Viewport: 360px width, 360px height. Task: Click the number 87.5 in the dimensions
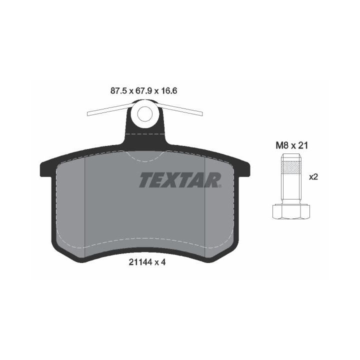coord(118,91)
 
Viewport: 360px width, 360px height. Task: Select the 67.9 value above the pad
coord(144,91)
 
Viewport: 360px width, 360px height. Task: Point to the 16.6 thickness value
coord(169,91)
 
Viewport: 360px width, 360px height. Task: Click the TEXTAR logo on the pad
coord(180,180)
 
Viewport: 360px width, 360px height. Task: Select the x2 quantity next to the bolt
coord(313,177)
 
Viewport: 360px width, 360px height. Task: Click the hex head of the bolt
coord(290,211)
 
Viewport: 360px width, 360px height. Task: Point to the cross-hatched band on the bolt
coord(290,166)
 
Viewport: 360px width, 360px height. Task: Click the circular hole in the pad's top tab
coord(145,114)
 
